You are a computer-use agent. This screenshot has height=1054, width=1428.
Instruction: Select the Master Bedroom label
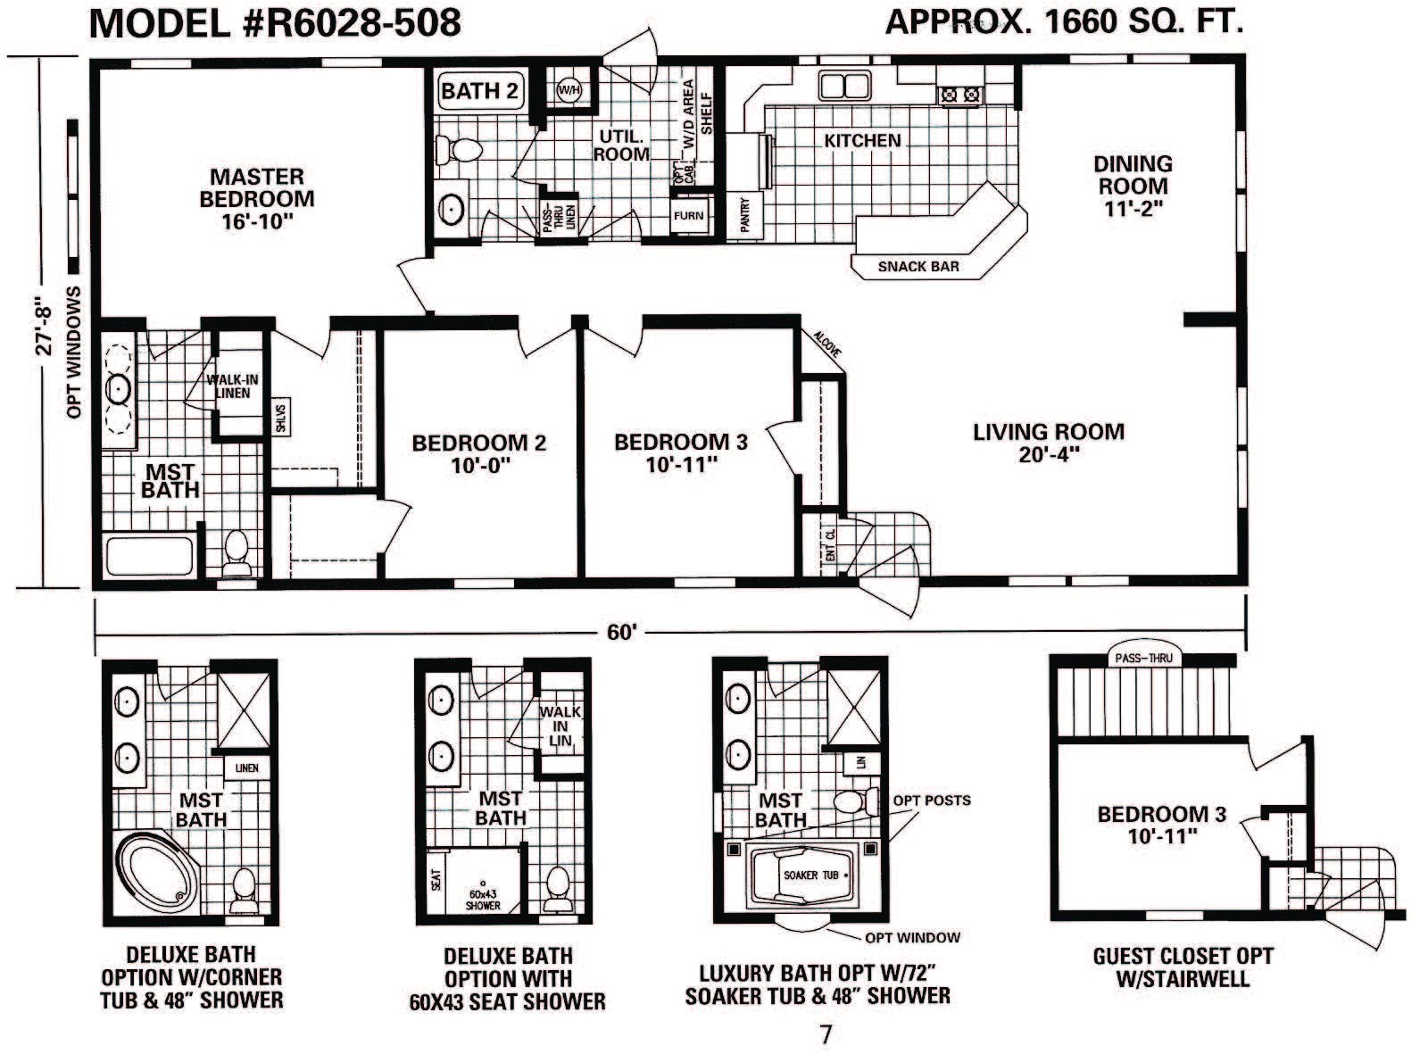(x=257, y=198)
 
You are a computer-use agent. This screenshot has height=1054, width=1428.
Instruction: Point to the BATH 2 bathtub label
(x=479, y=91)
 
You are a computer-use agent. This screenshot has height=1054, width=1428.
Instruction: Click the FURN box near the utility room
(x=688, y=215)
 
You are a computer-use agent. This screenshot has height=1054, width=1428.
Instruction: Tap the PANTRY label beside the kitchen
(x=745, y=215)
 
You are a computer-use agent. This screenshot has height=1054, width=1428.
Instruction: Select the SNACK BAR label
(x=918, y=266)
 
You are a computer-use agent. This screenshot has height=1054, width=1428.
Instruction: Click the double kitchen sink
(x=845, y=87)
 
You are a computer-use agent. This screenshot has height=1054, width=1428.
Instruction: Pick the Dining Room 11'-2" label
(x=1133, y=186)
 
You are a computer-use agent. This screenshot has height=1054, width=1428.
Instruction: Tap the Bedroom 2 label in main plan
(x=478, y=453)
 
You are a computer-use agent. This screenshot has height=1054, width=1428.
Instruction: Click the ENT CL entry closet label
(x=830, y=545)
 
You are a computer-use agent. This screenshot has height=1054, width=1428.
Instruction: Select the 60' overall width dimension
(x=621, y=632)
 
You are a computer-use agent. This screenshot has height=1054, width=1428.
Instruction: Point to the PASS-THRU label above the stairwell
(x=1143, y=659)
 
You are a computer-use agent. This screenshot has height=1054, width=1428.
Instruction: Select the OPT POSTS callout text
(x=931, y=801)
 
